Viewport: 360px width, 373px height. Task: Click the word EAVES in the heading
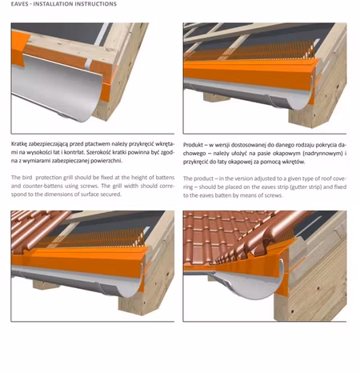[x=19, y=4]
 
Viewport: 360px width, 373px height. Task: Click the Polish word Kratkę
[x=19, y=144]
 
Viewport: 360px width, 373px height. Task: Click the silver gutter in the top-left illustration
[x=58, y=86]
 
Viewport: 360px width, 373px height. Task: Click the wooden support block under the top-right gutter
[x=216, y=97]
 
